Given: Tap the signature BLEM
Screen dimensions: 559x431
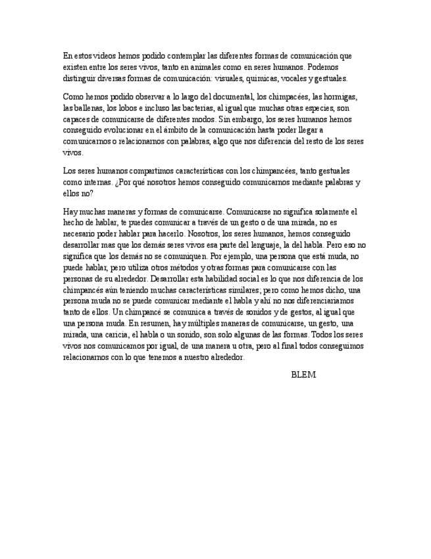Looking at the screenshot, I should pyautogui.click(x=303, y=374).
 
